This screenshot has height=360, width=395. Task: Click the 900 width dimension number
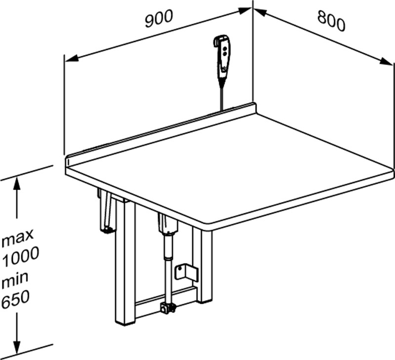[x=158, y=18]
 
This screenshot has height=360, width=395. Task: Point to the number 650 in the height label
[x=15, y=299]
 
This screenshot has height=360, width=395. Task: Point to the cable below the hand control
[x=222, y=94]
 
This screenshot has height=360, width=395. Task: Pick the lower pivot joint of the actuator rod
[x=167, y=309]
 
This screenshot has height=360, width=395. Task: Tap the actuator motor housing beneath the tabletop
[x=168, y=225]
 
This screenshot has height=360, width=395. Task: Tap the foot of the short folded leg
[x=107, y=229]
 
